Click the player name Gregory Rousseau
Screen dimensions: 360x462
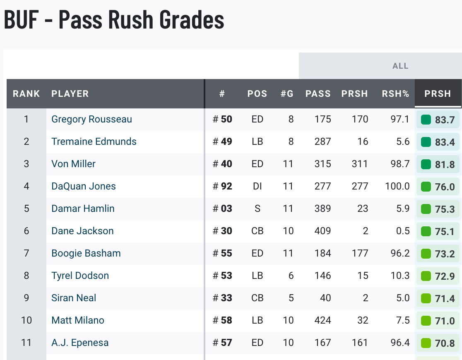click(91, 119)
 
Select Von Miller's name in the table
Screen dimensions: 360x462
click(73, 164)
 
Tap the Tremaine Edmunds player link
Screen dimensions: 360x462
click(94, 142)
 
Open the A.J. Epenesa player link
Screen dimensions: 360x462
click(80, 343)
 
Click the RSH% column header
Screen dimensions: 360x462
click(395, 94)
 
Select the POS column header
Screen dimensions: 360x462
click(257, 94)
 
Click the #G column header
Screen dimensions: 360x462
click(287, 94)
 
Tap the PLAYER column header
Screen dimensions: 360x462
click(70, 94)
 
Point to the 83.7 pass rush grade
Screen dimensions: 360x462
click(445, 120)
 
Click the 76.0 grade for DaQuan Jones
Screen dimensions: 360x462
click(445, 187)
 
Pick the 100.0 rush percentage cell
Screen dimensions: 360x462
click(397, 186)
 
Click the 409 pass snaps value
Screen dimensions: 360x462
click(322, 231)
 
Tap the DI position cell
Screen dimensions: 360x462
click(257, 186)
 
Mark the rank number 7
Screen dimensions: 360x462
click(26, 253)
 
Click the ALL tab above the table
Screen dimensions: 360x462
click(400, 66)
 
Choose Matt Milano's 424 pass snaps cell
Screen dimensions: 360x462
click(322, 320)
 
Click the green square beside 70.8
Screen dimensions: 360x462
click(426, 343)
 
